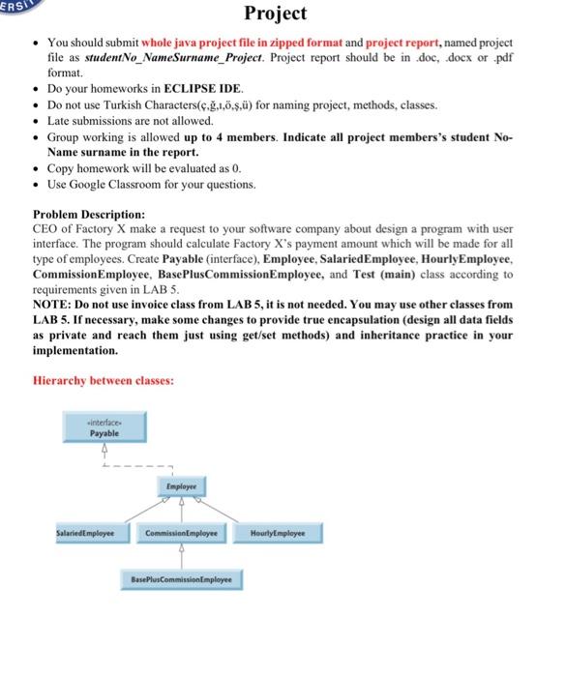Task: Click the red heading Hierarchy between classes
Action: [104, 381]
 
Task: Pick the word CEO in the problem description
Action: [46, 228]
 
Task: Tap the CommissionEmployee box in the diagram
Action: [182, 533]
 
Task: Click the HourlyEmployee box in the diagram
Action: [277, 533]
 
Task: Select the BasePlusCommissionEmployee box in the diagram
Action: [182, 579]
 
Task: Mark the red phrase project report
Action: [404, 44]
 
